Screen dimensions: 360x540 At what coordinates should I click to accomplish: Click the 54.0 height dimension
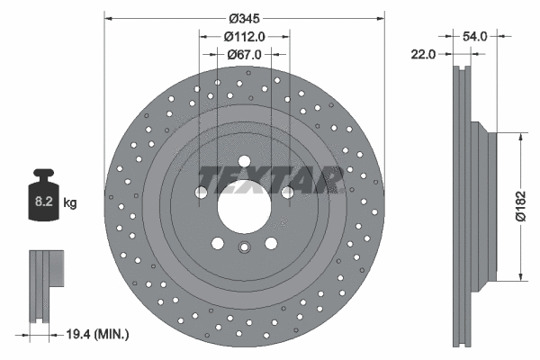pyautogui.click(x=473, y=36)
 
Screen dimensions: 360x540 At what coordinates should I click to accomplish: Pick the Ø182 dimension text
pyautogui.click(x=520, y=206)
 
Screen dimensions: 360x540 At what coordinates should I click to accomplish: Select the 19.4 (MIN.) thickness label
pyautogui.click(x=99, y=334)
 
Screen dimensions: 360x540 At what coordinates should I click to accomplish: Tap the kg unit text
pyautogui.click(x=70, y=203)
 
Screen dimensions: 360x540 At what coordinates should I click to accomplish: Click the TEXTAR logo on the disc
pyautogui.click(x=269, y=180)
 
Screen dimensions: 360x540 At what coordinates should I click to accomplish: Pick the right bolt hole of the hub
pyautogui.click(x=288, y=192)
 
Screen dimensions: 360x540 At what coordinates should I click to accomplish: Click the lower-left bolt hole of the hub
pyautogui.click(x=219, y=242)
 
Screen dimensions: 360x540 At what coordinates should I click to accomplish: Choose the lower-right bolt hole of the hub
pyautogui.click(x=271, y=242)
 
